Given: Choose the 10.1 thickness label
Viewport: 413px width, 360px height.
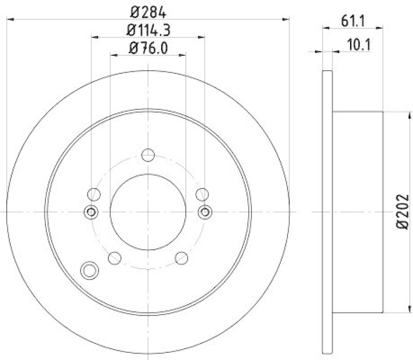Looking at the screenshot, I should click(x=354, y=44).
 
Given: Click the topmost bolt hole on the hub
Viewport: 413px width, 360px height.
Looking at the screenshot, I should click(x=148, y=154).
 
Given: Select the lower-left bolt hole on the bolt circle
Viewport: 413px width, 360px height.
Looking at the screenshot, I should click(x=115, y=257).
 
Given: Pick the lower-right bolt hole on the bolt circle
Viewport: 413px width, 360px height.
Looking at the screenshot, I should click(x=182, y=257).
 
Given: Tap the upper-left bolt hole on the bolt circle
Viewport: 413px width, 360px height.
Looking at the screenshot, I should click(x=94, y=194).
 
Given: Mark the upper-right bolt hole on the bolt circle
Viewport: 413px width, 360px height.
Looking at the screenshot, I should click(x=202, y=194).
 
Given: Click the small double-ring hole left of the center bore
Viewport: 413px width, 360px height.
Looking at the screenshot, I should click(x=91, y=211).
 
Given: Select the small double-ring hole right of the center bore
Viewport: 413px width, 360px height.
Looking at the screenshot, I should click(x=205, y=211).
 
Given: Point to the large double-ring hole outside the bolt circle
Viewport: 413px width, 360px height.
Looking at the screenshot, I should click(x=89, y=269).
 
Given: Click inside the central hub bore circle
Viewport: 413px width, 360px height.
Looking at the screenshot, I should click(x=148, y=212).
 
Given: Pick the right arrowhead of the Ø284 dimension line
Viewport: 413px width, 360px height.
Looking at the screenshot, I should click(x=286, y=19).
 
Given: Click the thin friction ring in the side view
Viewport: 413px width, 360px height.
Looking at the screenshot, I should click(x=327, y=212).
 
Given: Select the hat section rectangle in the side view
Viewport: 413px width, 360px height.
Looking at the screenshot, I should click(x=357, y=212).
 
